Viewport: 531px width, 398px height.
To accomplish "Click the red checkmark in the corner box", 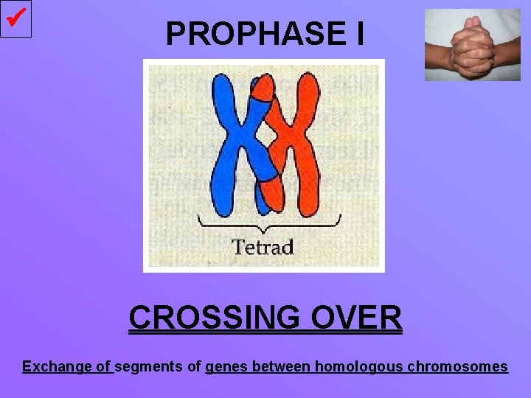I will (x=15, y=18).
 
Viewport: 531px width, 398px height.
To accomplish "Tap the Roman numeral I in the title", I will (x=358, y=33).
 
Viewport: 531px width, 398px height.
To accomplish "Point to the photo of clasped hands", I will (x=472, y=44).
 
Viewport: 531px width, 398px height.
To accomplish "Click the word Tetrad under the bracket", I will (x=263, y=246).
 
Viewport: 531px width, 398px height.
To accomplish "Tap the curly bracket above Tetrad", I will (x=269, y=222).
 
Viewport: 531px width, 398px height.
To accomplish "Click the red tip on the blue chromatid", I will (x=261, y=88).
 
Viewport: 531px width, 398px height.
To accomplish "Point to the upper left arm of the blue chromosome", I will (x=222, y=99).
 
